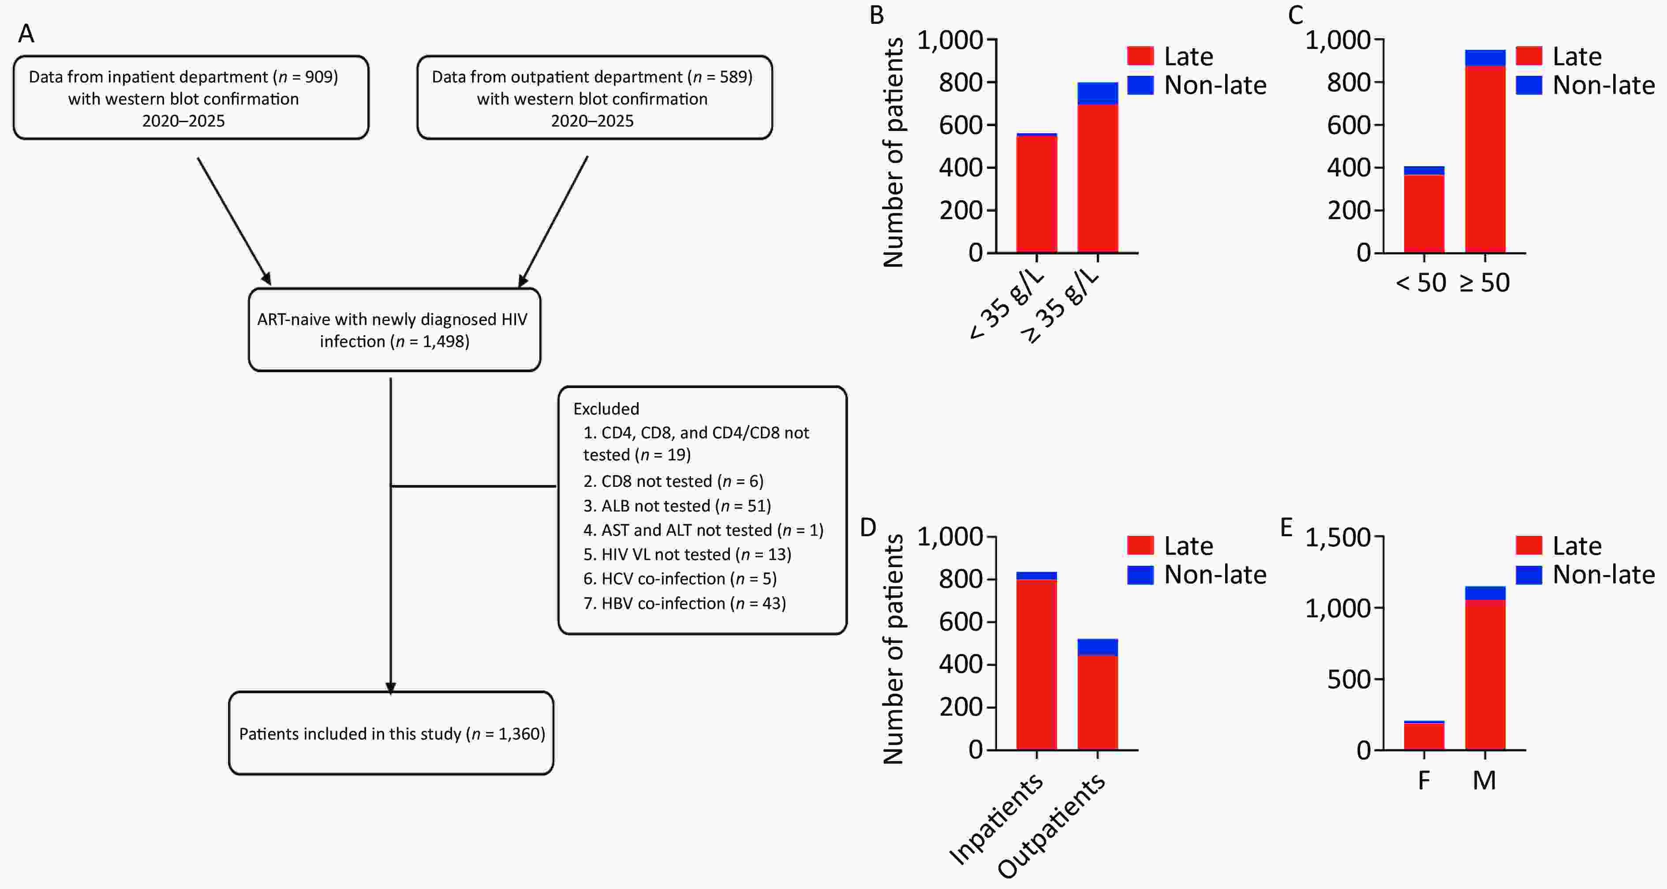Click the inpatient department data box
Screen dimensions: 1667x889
pyautogui.click(x=191, y=98)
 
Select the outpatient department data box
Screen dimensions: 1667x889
pyautogui.click(x=595, y=98)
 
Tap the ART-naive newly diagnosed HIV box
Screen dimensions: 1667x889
pyautogui.click(x=395, y=330)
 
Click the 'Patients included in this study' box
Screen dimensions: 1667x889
pyautogui.click(x=391, y=733)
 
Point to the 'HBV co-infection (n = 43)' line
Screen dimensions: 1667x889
pyautogui.click(x=684, y=603)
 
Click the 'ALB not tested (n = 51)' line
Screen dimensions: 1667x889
pyautogui.click(x=677, y=505)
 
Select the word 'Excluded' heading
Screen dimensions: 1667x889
pyautogui.click(x=606, y=408)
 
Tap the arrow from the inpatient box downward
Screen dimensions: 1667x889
pyautogui.click(x=234, y=221)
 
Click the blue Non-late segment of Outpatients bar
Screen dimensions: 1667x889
pyautogui.click(x=1098, y=647)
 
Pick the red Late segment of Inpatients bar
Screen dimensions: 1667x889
pyautogui.click(x=1037, y=665)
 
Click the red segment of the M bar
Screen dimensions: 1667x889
pyautogui.click(x=1485, y=675)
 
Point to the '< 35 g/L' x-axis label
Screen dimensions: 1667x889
pyautogui.click(x=1007, y=304)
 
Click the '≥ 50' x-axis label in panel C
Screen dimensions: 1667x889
pyautogui.click(x=1484, y=283)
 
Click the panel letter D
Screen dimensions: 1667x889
pyautogui.click(x=868, y=527)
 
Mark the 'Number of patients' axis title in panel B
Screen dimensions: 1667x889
pyautogui.click(x=893, y=153)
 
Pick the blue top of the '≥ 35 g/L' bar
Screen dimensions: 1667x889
pyautogui.click(x=1098, y=93)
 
